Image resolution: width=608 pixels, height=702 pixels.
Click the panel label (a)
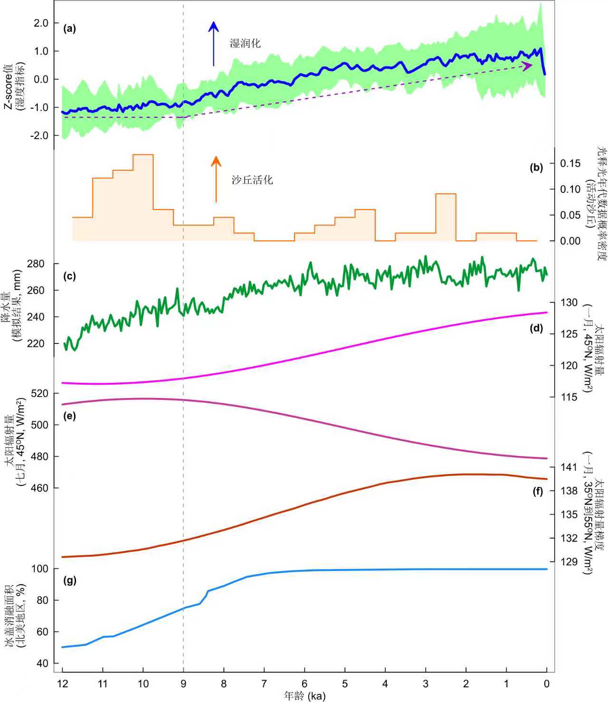(x=69, y=28)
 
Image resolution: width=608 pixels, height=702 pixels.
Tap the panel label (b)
(x=536, y=167)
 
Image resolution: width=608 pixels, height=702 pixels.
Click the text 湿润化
(x=245, y=44)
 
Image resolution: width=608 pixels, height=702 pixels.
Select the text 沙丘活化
(x=252, y=180)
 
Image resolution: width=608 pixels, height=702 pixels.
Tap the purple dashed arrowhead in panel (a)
(x=527, y=66)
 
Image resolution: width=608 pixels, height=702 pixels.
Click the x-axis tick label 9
(x=183, y=684)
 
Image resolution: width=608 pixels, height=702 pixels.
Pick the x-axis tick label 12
(x=62, y=684)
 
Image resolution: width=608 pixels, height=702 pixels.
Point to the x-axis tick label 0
(x=547, y=684)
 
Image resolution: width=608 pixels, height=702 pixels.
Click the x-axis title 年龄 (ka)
(x=304, y=696)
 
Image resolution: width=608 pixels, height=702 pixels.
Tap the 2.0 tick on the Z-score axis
(x=41, y=23)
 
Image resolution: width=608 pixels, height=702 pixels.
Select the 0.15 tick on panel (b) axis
(x=570, y=163)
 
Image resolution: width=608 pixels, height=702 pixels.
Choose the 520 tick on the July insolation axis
(x=40, y=393)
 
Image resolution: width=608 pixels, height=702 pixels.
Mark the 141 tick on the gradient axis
(x=569, y=467)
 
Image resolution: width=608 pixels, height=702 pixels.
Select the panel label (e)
(x=69, y=416)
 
